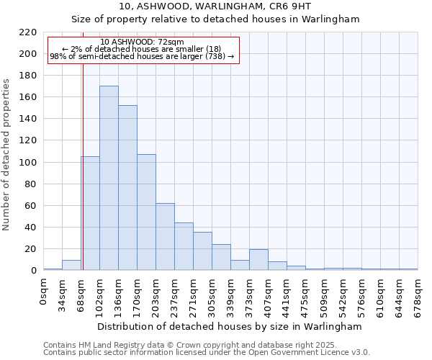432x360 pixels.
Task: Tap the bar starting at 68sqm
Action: [90, 213]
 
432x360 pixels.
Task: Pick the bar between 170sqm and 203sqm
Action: [146, 212]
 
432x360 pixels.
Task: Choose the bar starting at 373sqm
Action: [258, 260]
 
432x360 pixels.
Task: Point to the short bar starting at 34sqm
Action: [71, 265]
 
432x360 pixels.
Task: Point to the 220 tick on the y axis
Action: [28, 32]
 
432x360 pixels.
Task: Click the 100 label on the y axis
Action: [28, 163]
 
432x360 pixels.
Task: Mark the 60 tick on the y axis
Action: [31, 206]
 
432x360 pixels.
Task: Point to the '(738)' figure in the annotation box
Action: [215, 56]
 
